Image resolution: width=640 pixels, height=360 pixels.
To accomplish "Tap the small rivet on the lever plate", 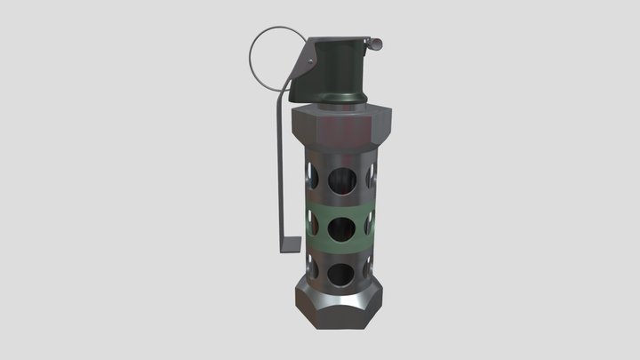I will pyautogui.click(x=310, y=60).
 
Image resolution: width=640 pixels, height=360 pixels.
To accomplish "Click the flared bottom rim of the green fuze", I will pyautogui.click(x=341, y=97).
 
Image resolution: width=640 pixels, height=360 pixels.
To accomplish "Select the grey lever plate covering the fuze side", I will pyautogui.click(x=303, y=67).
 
